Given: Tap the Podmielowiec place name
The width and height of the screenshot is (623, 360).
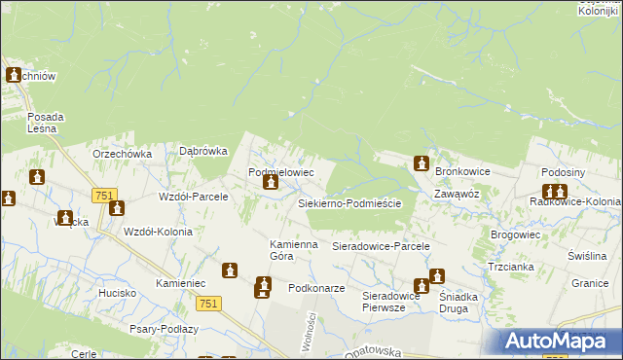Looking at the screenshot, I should (x=280, y=172).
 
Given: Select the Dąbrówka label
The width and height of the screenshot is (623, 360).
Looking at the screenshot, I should (x=203, y=151).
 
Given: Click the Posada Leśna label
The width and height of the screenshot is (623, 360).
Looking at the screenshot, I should (x=46, y=123).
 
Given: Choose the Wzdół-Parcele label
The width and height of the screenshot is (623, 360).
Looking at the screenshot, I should (x=193, y=197).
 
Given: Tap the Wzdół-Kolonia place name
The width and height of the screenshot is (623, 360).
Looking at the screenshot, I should (x=158, y=231).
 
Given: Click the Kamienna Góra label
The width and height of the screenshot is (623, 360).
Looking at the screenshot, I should (x=294, y=250).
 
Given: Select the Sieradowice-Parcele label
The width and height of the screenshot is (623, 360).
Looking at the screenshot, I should (x=381, y=247).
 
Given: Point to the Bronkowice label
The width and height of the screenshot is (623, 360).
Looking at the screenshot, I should (x=462, y=171).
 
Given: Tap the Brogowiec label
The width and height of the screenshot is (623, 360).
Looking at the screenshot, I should (x=516, y=234).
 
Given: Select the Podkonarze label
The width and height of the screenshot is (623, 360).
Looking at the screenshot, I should (x=318, y=289).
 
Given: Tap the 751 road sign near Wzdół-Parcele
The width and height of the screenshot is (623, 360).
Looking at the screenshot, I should (x=105, y=196).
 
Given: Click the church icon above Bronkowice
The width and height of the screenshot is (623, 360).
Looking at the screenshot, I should (x=421, y=163).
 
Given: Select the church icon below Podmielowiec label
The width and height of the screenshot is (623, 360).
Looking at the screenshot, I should (x=272, y=182).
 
